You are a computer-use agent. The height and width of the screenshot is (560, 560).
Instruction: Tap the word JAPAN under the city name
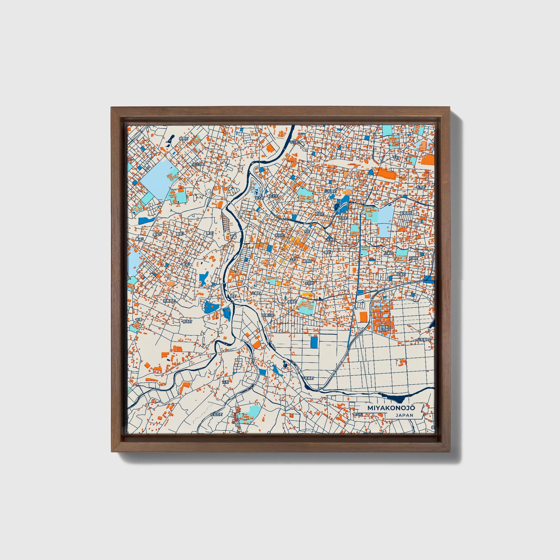(404, 415)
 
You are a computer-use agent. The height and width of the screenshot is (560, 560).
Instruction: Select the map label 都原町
(184, 139)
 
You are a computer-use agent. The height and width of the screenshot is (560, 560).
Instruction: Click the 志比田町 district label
(199, 164)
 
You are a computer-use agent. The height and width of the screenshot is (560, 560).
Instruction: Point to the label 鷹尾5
(140, 239)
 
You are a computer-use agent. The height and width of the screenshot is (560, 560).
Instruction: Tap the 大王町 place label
(273, 196)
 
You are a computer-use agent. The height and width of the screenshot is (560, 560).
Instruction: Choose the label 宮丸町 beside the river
(259, 197)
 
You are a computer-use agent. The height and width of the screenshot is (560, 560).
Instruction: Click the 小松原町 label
(331, 191)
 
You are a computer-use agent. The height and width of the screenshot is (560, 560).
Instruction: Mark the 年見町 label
(421, 188)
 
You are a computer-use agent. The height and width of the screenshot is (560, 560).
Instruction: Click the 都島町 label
(187, 321)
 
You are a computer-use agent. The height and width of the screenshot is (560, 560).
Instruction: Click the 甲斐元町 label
(268, 315)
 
